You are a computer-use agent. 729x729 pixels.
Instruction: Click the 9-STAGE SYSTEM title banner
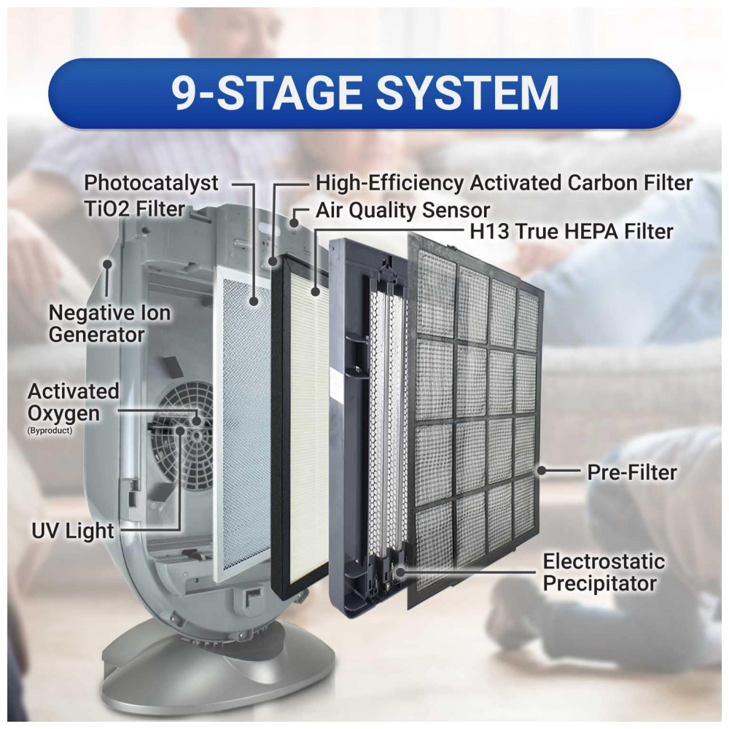pos(364,93)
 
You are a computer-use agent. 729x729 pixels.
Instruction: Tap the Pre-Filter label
pos(632,472)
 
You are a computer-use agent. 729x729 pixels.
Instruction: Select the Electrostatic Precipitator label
pos(604,572)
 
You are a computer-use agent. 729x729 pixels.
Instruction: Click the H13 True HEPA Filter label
pos(572,231)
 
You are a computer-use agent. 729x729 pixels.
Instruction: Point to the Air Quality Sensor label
pos(402,210)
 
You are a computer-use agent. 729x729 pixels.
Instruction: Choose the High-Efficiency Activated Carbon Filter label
pos(504,183)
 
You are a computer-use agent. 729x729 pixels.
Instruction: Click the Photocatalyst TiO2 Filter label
pos(151,195)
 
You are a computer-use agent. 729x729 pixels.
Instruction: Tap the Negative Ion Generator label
pos(110,324)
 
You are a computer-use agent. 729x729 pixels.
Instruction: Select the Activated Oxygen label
pos(73,402)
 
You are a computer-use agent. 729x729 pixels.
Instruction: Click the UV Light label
pos(72,531)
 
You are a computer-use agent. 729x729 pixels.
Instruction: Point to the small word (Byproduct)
pos(50,431)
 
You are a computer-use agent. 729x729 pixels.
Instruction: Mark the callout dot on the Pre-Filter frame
pos(541,470)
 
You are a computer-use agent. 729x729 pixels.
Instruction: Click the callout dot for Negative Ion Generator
pos(107,264)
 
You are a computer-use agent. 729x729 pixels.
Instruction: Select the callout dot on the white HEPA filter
pos(315,292)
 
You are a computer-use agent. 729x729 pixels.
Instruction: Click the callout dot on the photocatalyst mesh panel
pos(254,301)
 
